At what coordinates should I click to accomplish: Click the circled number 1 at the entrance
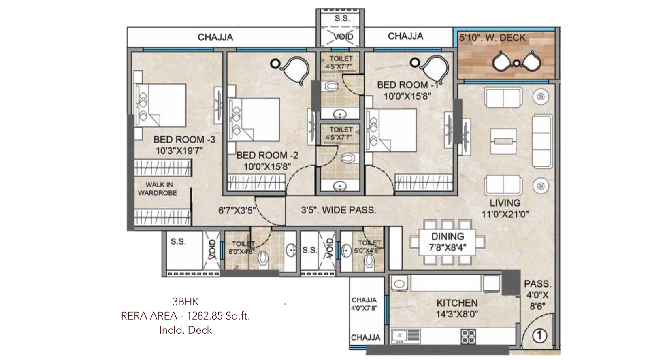(539, 335)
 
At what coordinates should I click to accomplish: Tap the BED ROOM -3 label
(184, 140)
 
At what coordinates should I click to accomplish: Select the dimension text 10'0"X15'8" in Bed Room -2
(267, 166)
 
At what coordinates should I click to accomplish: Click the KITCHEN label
(457, 303)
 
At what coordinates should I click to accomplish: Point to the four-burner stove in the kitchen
(468, 336)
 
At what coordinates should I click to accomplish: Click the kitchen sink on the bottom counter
(401, 336)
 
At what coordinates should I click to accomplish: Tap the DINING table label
(448, 236)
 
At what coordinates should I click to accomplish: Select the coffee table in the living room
(503, 141)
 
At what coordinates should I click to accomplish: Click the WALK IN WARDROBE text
(158, 189)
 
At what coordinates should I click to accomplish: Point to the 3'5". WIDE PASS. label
(339, 210)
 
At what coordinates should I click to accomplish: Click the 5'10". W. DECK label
(492, 38)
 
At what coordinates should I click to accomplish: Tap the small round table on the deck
(516, 63)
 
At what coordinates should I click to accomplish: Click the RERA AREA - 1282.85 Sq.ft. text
(185, 316)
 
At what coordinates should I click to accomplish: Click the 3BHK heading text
(185, 302)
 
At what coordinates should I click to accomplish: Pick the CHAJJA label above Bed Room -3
(215, 38)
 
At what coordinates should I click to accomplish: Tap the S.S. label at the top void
(341, 19)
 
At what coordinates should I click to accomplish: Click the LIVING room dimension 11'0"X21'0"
(505, 214)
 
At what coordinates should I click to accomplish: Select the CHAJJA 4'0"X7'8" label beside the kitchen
(364, 304)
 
